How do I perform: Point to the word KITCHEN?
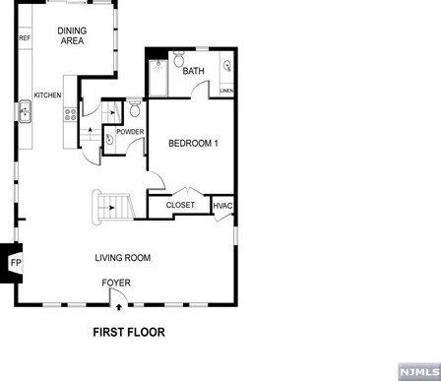[47, 95]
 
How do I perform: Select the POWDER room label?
[130, 131]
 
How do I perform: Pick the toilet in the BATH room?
[179, 61]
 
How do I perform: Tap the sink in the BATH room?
[227, 67]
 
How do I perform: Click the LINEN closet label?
[226, 92]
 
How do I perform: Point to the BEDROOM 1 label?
[193, 143]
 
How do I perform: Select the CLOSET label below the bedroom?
[180, 205]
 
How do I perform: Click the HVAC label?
[222, 205]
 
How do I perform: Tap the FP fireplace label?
[15, 263]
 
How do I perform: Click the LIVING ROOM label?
[122, 258]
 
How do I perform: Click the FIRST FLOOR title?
[128, 332]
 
